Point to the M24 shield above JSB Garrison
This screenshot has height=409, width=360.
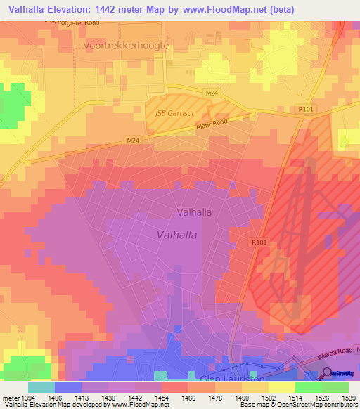click(x=212, y=93)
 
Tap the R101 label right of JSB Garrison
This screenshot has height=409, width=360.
click(x=305, y=110)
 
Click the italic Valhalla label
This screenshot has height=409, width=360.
click(x=176, y=235)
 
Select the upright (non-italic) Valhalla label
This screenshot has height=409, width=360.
click(x=194, y=211)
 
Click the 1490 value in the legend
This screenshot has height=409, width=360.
click(x=242, y=398)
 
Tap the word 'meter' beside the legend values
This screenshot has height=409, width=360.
click(x=10, y=398)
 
